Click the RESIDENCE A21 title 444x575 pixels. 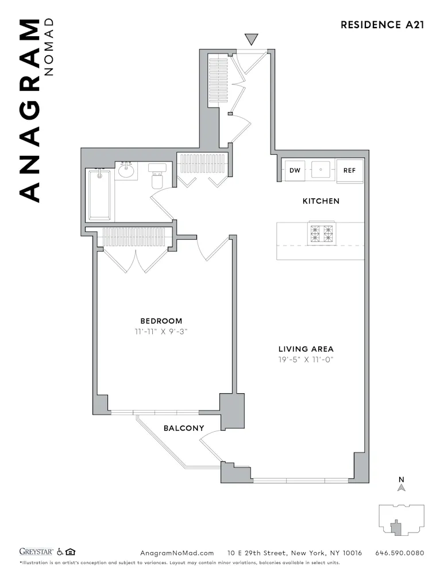click(382, 25)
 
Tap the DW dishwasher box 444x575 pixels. click(295, 170)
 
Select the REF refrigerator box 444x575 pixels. click(349, 170)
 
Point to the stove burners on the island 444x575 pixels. click(321, 233)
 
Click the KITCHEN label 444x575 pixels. click(321, 201)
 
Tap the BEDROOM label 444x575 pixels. click(161, 321)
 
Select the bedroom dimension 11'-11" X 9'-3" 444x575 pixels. click(161, 332)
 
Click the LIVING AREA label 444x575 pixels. click(306, 349)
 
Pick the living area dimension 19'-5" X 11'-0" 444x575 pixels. click(306, 360)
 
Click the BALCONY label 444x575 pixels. click(184, 428)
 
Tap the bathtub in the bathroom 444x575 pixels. click(100, 194)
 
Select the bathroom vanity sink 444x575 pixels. click(126, 171)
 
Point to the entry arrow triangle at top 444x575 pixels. click(252, 39)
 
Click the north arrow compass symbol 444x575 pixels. click(402, 486)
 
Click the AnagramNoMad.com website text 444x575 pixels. click(177, 553)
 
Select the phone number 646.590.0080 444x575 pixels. click(399, 553)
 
